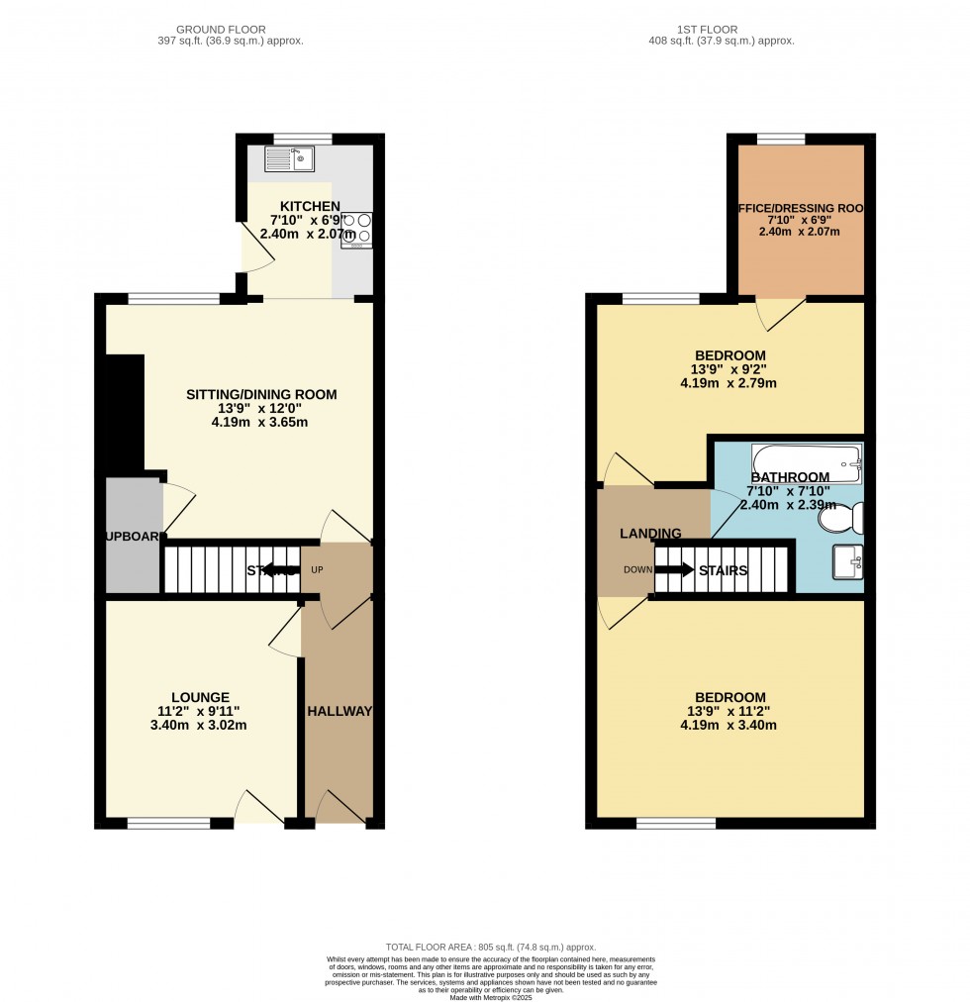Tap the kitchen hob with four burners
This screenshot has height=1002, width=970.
[355, 229]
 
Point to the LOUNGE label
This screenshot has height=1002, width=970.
[199, 697]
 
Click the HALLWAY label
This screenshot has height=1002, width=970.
[339, 711]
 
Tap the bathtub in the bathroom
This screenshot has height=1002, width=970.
[806, 461]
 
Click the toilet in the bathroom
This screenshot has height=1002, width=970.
[848, 518]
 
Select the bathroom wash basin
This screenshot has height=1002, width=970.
[848, 562]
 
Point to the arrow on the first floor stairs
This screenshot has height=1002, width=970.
[675, 570]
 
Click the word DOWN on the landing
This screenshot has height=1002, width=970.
[637, 570]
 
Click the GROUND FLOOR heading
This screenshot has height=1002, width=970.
[230, 30]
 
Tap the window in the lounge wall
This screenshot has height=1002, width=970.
[167, 823]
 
